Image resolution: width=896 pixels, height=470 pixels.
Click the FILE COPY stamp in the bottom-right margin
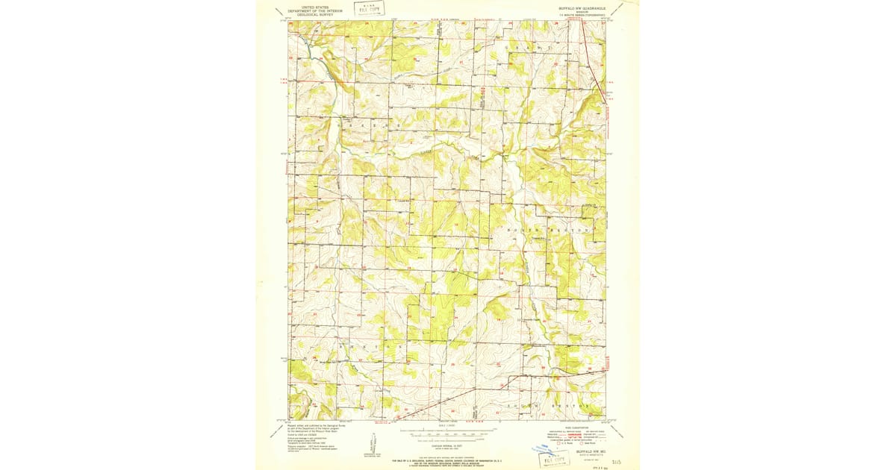[554, 456]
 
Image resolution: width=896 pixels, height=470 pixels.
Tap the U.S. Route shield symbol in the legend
[549, 444]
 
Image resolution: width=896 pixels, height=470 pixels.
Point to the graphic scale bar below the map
[448, 431]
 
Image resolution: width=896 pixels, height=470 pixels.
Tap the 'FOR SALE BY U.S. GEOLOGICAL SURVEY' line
[448, 455]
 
